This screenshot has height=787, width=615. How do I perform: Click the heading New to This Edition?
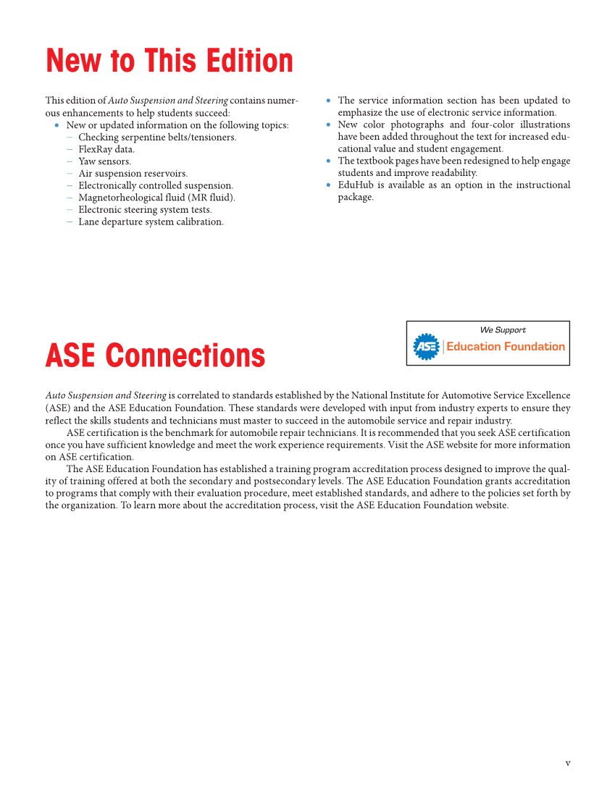pyautogui.click(x=170, y=61)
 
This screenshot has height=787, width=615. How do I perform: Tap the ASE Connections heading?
pyautogui.click(x=155, y=355)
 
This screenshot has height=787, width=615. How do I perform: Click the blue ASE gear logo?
pyautogui.click(x=426, y=347)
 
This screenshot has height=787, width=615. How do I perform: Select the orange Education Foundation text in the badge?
pyautogui.click(x=505, y=347)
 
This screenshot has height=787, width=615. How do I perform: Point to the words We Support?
pyautogui.click(x=503, y=330)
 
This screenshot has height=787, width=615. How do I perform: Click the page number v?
pyautogui.click(x=568, y=762)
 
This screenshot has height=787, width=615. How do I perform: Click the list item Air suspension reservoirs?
pyautogui.click(x=133, y=174)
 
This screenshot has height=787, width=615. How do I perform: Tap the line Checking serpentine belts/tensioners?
pyautogui.click(x=157, y=138)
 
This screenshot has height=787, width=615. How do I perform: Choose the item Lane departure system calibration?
pyautogui.click(x=151, y=222)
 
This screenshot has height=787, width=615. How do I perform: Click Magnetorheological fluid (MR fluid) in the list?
pyautogui.click(x=156, y=198)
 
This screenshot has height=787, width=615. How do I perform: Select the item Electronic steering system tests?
pyautogui.click(x=145, y=210)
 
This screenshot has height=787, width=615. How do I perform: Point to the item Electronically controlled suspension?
pyautogui.click(x=156, y=185)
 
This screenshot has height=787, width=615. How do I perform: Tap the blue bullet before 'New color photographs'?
pyautogui.click(x=329, y=125)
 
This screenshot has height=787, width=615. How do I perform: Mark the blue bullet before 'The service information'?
pyautogui.click(x=329, y=101)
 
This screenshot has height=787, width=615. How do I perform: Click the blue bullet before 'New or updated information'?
pyautogui.click(x=57, y=125)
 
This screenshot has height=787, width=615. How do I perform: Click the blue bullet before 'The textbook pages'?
pyautogui.click(x=329, y=161)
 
